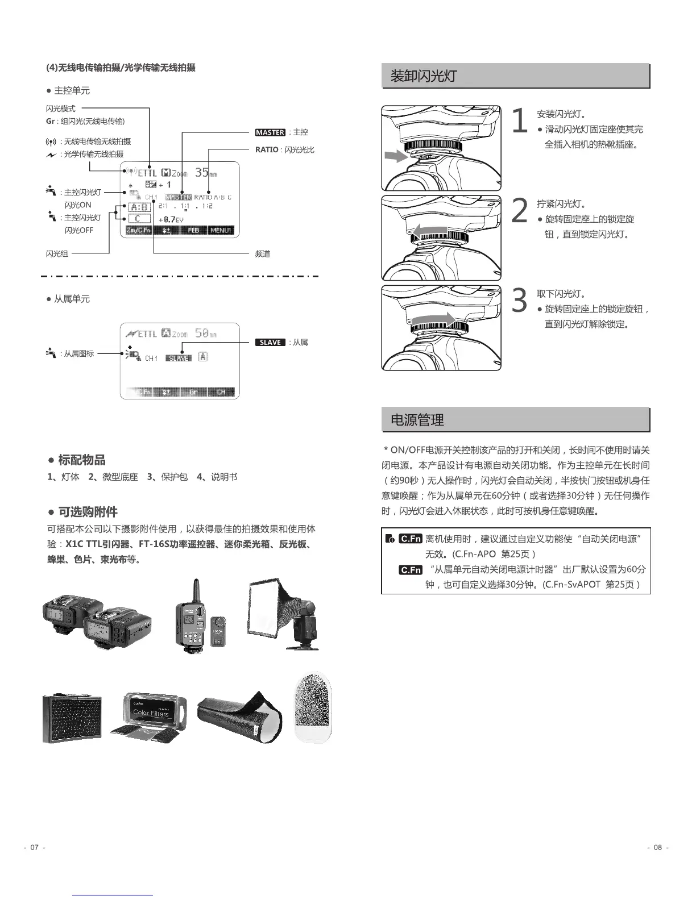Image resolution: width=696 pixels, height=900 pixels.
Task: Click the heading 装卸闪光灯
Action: (x=423, y=76)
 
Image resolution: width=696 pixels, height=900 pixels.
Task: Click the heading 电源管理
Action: (x=417, y=420)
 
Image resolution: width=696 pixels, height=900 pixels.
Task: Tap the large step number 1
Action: (x=520, y=122)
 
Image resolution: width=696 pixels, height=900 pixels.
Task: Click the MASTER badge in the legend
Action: (x=270, y=132)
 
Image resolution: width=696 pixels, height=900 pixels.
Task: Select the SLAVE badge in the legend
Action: (x=270, y=343)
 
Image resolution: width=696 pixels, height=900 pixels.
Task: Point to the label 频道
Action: (x=262, y=254)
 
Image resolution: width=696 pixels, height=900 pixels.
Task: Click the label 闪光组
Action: (x=57, y=254)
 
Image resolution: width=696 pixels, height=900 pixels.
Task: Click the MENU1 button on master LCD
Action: (x=221, y=230)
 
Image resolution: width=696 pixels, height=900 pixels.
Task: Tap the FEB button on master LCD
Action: (x=193, y=230)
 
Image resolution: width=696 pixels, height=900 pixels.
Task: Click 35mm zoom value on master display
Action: (x=205, y=172)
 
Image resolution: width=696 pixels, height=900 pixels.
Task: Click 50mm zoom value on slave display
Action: (x=205, y=333)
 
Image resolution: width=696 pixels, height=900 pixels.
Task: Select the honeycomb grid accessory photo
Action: (x=72, y=718)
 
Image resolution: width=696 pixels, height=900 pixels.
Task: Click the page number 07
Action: (x=34, y=847)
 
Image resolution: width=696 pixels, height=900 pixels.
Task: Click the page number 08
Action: (x=657, y=847)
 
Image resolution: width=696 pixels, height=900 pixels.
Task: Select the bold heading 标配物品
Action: (x=81, y=460)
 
